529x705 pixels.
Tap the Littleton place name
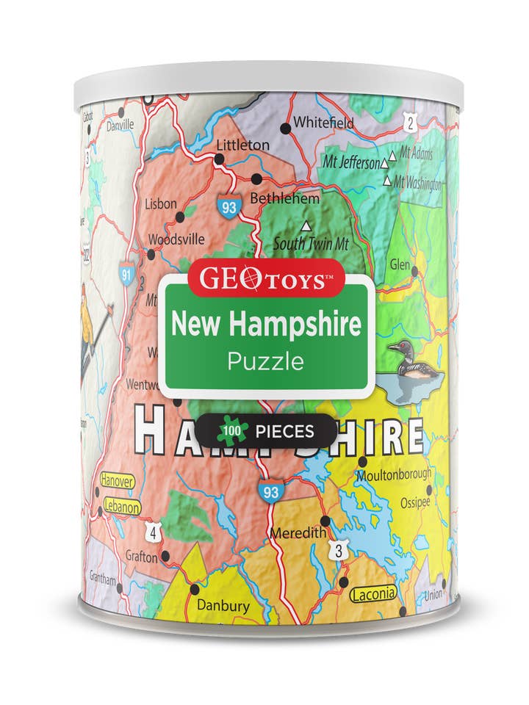pyautogui.click(x=242, y=145)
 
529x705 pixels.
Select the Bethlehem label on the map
pyautogui.click(x=284, y=198)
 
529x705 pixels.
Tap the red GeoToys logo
pyautogui.click(x=264, y=279)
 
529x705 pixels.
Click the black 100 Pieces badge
pyautogui.click(x=266, y=431)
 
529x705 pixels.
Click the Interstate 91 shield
pyautogui.click(x=126, y=274)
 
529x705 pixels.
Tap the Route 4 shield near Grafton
pyautogui.click(x=151, y=532)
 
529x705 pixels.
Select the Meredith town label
pyautogui.click(x=297, y=533)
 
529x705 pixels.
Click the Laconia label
pyautogui.click(x=373, y=593)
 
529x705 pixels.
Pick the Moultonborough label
pyautogui.click(x=394, y=474)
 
